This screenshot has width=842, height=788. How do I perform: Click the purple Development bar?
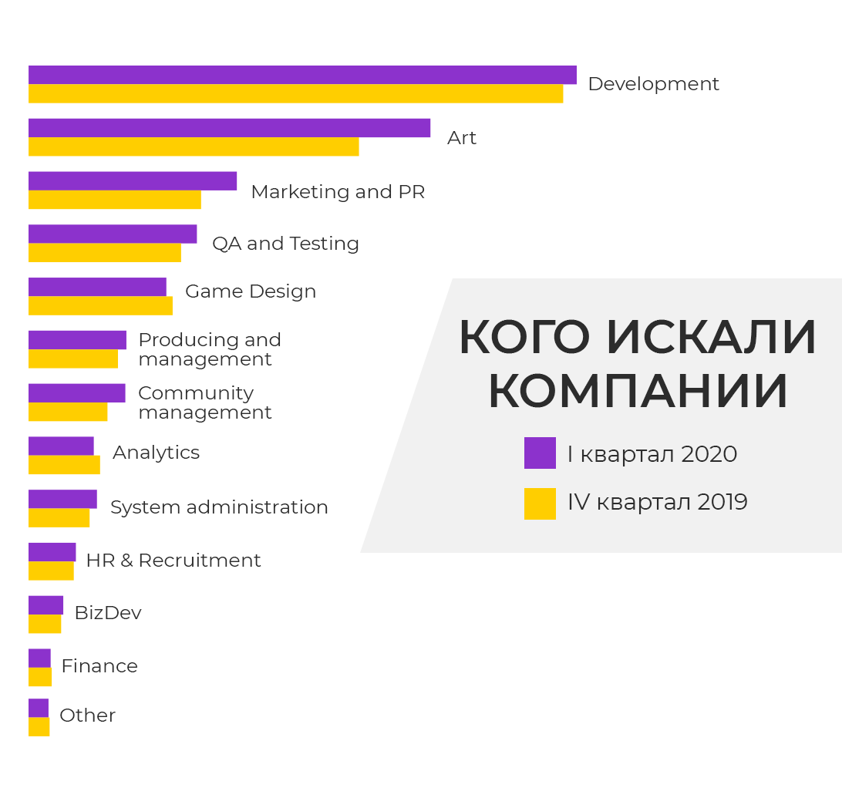point(302,75)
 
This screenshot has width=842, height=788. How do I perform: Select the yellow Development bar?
point(295,93)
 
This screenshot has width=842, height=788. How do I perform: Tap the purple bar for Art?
point(229,128)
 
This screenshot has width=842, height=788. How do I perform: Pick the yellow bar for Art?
point(194,146)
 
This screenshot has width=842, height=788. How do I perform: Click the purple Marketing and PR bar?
point(133,181)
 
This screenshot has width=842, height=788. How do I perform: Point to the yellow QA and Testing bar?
point(105,253)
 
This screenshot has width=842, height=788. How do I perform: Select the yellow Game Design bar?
point(100,306)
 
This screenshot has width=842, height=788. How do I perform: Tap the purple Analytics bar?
point(61,446)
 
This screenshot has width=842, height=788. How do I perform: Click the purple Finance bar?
point(39,658)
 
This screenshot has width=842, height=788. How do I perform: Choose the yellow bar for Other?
point(39,727)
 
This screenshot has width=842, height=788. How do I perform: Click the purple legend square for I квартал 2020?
point(540,453)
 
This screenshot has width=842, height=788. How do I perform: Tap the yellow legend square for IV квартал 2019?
point(540,503)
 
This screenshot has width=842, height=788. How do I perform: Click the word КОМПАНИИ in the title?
point(638,391)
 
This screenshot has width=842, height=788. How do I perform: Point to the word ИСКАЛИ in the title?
point(710,338)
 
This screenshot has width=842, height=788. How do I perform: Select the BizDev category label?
point(108,613)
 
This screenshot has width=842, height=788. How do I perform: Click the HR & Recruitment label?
point(173,561)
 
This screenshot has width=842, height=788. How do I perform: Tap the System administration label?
point(219,507)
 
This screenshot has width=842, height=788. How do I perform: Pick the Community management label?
point(204,402)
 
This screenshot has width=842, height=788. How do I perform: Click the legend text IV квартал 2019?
point(657,502)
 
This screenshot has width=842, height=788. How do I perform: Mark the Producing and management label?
point(209,349)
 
